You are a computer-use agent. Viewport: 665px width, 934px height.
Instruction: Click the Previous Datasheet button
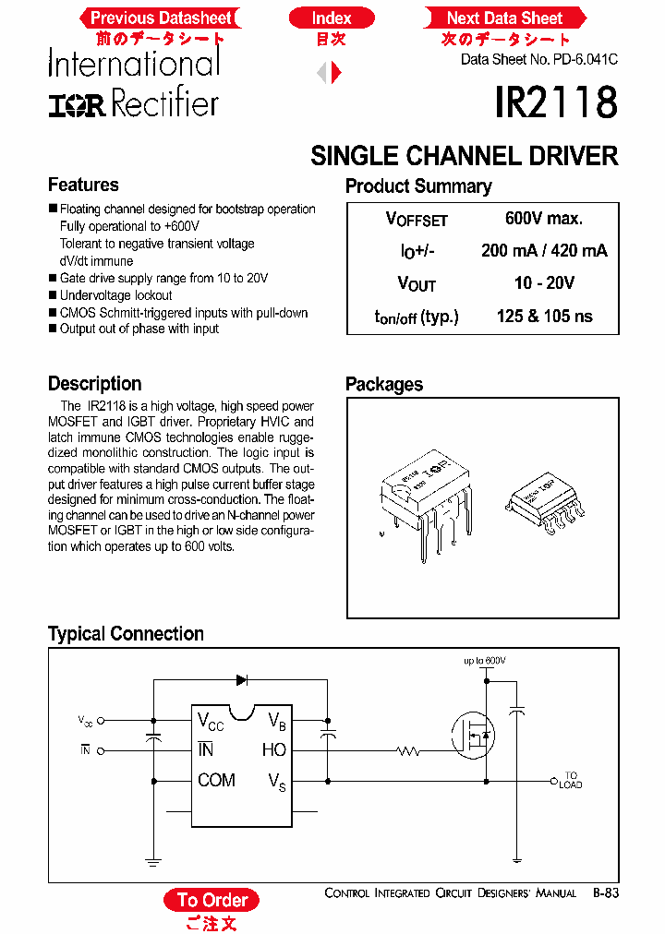pos(161,18)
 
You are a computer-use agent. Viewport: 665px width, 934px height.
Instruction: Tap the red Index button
pos(332,18)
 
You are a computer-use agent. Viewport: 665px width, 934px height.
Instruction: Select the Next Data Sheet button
pos(504,18)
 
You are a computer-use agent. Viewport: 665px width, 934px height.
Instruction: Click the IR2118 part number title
pos(555,102)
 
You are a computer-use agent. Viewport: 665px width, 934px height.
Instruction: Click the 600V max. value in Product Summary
pos(543,219)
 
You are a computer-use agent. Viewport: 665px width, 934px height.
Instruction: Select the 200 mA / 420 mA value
pos(544,251)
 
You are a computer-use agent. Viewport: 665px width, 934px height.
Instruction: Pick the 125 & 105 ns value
pos(544,316)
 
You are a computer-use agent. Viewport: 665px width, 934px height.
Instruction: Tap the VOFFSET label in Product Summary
pos(416,220)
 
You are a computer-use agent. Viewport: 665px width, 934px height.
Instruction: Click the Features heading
pos(83,185)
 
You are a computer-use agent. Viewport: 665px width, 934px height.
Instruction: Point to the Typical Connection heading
pos(126,634)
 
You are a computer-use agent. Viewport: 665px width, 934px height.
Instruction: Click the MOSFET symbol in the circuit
pos(473,735)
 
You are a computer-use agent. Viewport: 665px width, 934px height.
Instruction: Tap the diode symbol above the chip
pos(242,680)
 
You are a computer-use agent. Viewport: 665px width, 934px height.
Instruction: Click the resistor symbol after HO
pos(408,751)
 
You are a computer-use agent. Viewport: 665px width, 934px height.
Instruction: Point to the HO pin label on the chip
pos(274,750)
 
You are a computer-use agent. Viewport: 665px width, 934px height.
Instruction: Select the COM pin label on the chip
pos(216,781)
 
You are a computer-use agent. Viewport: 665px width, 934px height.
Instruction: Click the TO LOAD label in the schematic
pos(570,780)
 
